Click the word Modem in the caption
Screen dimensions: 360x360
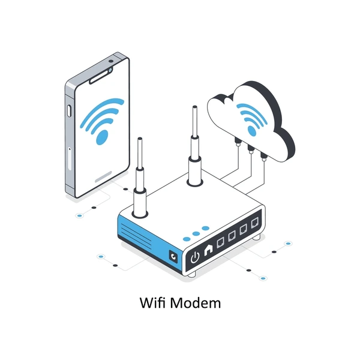click(x=196, y=302)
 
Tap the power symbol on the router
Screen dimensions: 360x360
click(x=195, y=257)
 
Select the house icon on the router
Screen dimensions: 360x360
click(x=208, y=249)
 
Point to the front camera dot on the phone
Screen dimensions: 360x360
click(x=111, y=61)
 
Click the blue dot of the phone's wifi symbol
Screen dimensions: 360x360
click(x=102, y=137)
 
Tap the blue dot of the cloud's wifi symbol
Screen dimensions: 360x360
click(x=252, y=131)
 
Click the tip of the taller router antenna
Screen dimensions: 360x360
click(x=194, y=107)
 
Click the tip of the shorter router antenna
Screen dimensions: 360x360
click(x=140, y=138)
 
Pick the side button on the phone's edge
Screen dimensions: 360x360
click(x=69, y=110)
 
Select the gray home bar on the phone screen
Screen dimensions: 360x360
click(x=104, y=176)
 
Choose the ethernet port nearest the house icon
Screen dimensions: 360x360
click(x=220, y=242)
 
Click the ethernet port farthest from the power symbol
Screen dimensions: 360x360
click(x=255, y=223)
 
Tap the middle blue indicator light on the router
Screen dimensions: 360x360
click(x=196, y=234)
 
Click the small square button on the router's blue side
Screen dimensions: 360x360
click(x=173, y=256)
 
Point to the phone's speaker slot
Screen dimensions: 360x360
click(x=99, y=77)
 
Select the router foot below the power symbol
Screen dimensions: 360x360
click(x=191, y=274)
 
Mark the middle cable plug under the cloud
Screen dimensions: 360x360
click(x=250, y=149)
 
